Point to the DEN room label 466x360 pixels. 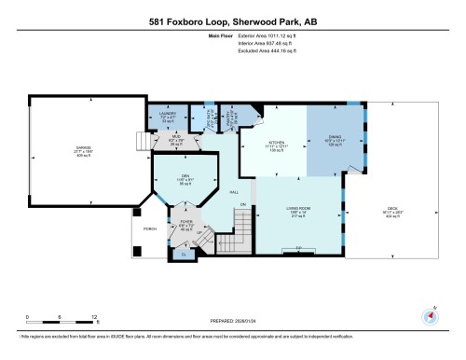(185, 177)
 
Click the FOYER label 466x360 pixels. (185, 222)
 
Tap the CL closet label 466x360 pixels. (184, 253)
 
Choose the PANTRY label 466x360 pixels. (229, 119)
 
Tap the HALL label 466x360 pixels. (234, 190)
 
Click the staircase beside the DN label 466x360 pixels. (243, 225)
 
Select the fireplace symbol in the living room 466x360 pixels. (299, 247)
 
